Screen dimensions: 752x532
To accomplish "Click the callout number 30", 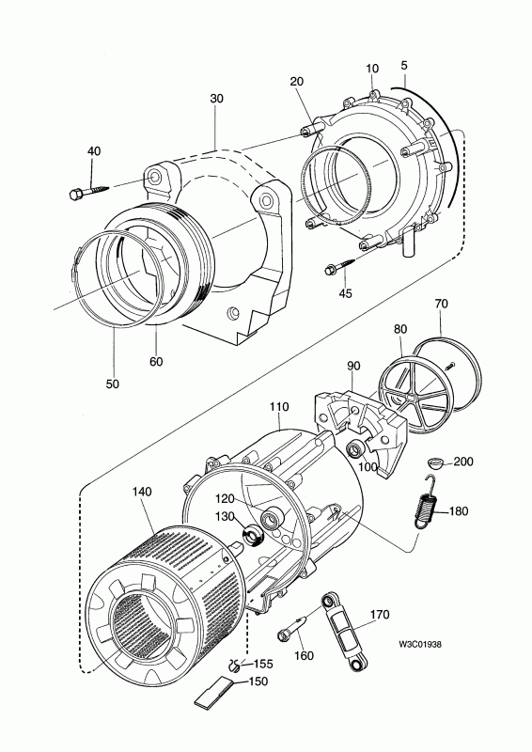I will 217,100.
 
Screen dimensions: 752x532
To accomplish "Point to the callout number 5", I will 404,68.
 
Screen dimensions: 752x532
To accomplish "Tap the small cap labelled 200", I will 436,462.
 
